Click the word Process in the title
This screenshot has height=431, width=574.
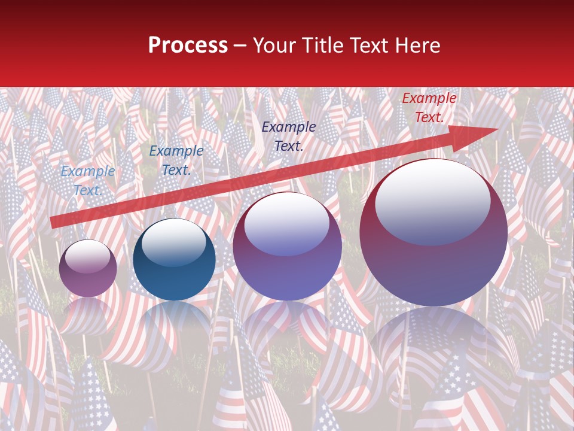point(188,45)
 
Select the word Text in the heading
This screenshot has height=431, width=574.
point(367,45)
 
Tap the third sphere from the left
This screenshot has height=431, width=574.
point(287,247)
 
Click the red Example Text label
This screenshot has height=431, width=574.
point(429,108)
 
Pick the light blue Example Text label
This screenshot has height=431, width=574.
point(88,181)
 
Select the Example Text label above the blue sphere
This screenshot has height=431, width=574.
point(176,160)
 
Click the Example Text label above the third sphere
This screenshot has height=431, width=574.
point(289,136)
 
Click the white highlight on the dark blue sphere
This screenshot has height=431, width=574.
point(173,242)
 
